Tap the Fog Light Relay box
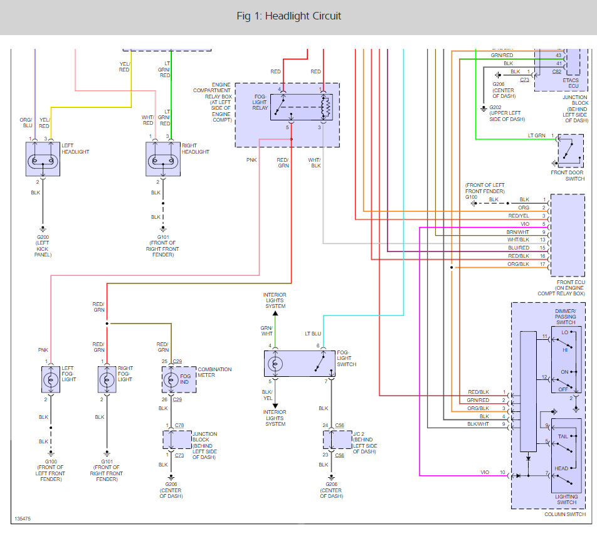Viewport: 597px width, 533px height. [304, 107]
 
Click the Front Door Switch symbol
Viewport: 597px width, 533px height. [569, 151]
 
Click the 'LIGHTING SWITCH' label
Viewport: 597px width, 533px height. [566, 500]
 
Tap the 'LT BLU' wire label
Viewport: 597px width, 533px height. [313, 333]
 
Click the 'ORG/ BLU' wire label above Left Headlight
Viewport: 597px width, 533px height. [26, 122]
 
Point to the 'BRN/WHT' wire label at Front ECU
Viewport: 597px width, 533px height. [518, 232]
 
